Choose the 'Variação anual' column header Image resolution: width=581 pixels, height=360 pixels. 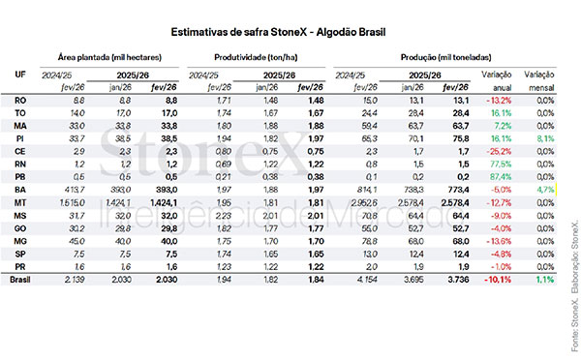click(x=498, y=79)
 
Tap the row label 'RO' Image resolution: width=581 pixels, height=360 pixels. click(x=20, y=99)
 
